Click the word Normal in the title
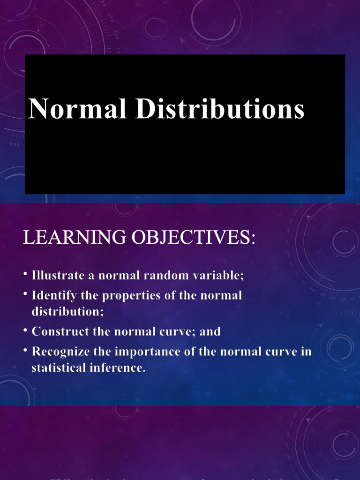point(77,109)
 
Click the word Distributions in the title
point(220,109)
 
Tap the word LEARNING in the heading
point(75,238)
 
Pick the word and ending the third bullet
point(210,331)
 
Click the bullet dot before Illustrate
point(26,274)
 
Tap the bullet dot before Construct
point(26,330)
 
